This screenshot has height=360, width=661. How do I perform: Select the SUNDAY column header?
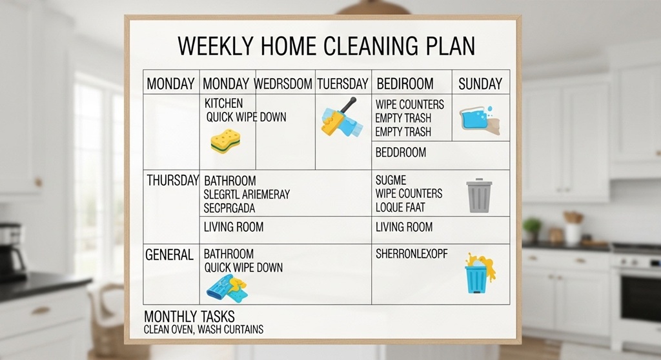click(x=480, y=83)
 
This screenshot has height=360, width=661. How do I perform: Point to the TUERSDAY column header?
click(x=343, y=83)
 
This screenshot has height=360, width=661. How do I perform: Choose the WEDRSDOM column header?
click(x=283, y=83)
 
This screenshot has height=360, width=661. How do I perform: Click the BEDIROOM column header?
click(x=405, y=83)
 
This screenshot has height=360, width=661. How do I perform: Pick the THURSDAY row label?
click(x=172, y=181)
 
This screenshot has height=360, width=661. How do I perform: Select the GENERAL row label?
click(x=169, y=255)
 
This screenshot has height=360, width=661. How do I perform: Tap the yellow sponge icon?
click(x=225, y=139)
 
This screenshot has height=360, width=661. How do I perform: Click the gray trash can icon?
click(x=479, y=195)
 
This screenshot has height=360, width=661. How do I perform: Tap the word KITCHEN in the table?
click(x=223, y=103)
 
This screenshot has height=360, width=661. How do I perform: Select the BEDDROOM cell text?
click(x=401, y=152)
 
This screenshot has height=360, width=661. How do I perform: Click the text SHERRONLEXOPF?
click(x=411, y=254)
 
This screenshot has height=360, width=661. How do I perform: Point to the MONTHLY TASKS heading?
click(x=189, y=317)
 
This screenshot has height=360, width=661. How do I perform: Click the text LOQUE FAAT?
click(x=400, y=208)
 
